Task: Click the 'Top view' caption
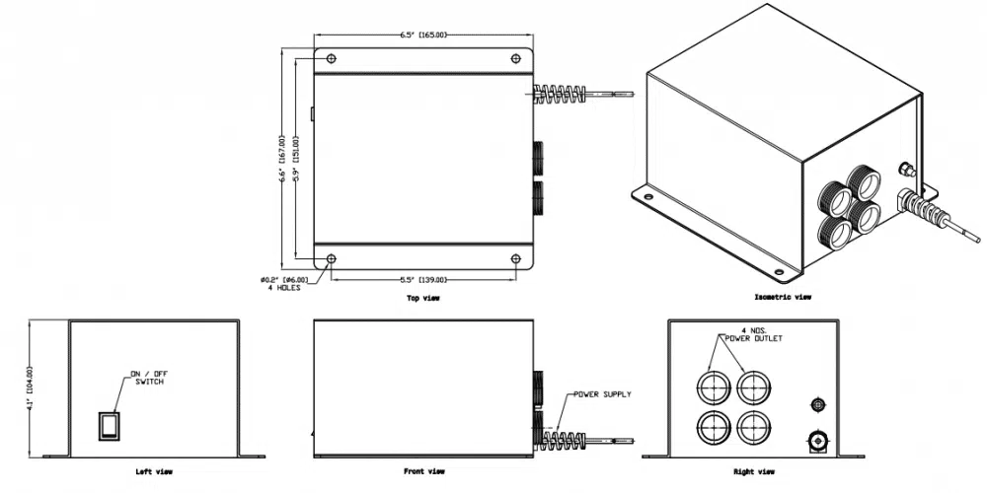point(423,297)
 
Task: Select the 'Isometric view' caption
point(783,296)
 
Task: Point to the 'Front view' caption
point(423,472)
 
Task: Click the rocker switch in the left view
point(108,425)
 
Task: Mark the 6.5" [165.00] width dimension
point(423,35)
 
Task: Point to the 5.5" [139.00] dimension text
point(422,279)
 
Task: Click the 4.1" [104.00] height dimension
point(32,388)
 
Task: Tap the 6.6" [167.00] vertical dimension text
point(282,158)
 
